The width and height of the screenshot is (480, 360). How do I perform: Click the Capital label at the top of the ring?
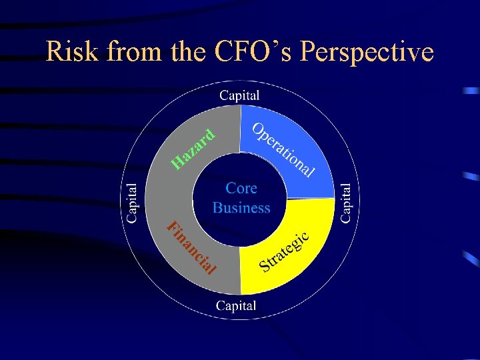click(x=239, y=95)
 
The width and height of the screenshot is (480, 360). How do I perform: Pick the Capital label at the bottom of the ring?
click(x=236, y=306)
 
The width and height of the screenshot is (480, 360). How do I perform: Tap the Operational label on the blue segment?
click(x=283, y=151)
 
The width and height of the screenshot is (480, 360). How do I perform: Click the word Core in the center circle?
click(x=241, y=188)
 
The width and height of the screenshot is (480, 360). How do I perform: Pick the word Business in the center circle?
click(x=241, y=207)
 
